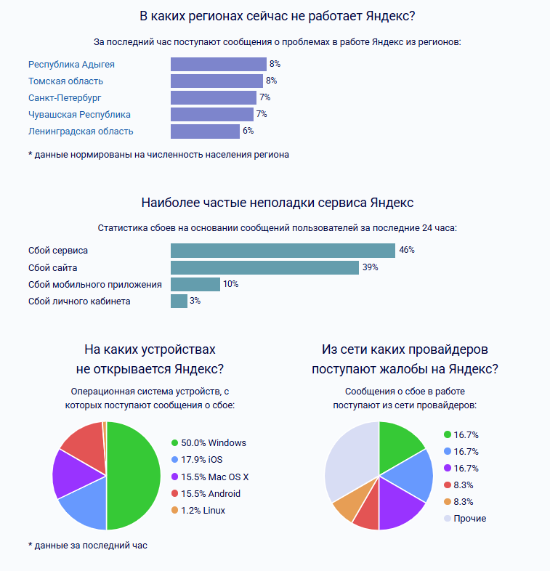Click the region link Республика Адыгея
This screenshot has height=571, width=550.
(x=71, y=64)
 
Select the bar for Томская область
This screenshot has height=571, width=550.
(x=217, y=81)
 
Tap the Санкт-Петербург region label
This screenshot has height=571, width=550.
(x=65, y=97)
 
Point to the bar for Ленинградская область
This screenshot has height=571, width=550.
(x=205, y=131)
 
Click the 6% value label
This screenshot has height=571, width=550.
(x=248, y=131)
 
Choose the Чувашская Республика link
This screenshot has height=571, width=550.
(x=79, y=114)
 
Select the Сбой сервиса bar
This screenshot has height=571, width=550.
(x=283, y=250)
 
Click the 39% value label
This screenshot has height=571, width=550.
(x=370, y=267)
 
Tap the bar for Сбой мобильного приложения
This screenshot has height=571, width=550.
(x=195, y=284)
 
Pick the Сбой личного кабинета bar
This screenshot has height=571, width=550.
(x=179, y=301)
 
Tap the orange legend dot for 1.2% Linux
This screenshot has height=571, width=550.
(x=174, y=511)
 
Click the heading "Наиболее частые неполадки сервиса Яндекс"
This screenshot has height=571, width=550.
(x=277, y=202)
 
